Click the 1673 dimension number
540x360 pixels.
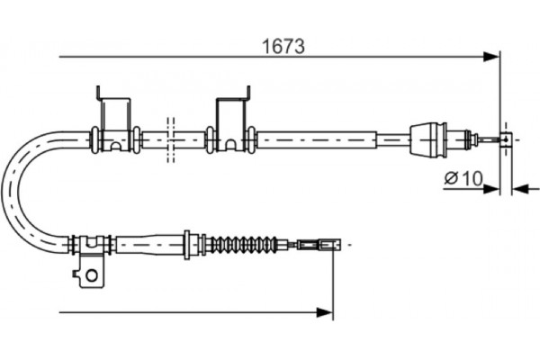pos(283,47)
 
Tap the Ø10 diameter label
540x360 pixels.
pos(463,178)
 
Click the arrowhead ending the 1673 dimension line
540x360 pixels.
pos(491,57)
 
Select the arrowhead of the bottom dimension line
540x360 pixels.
pos(324,312)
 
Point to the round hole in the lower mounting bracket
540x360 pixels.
pos(92,275)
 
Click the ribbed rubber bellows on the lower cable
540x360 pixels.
pos(243,245)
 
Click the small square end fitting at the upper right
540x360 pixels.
pos(506,139)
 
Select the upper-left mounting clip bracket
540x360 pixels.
pos(113,118)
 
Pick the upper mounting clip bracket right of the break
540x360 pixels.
pos(232,118)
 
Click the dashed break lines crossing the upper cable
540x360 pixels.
pos(170,139)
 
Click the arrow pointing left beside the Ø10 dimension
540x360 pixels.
pos(526,189)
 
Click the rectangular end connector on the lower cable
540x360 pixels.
pos(319,245)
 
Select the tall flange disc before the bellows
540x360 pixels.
pos(187,245)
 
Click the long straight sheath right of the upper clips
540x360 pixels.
pos(317,139)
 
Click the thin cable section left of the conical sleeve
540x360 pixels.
pos(393,139)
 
